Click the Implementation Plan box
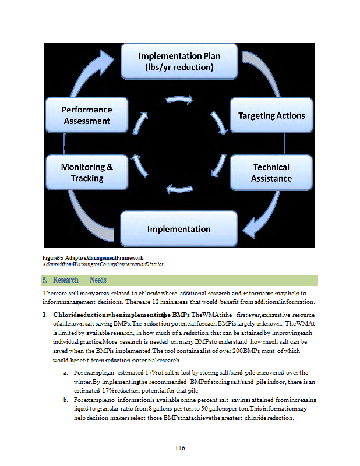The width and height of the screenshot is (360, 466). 179,61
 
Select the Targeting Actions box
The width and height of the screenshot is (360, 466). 271,115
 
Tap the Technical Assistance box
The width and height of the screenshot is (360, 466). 271,172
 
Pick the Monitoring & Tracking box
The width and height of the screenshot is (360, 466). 87,172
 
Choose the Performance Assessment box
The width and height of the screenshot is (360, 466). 87,115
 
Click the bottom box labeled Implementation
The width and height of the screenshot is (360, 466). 179,228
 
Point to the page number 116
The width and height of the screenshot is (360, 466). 180,447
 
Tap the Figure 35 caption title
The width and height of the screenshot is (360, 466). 93,257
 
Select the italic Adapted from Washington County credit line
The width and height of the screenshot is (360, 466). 103,264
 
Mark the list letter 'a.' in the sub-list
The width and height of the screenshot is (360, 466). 66,372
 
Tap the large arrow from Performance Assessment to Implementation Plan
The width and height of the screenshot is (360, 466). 93,73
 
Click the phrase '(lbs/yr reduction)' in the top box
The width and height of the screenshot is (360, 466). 179,68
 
